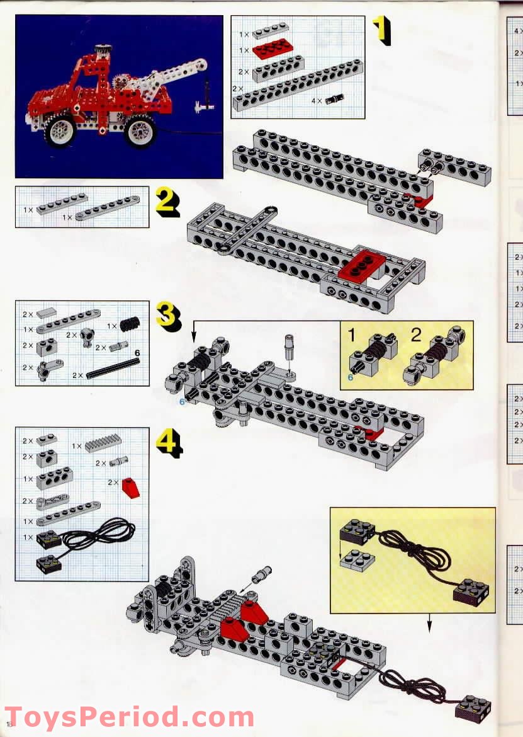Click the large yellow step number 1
click(381, 30)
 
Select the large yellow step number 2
click(167, 202)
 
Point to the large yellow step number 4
click(169, 442)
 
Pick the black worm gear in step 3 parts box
click(130, 325)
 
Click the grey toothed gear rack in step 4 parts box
click(103, 445)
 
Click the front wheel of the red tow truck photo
click(60, 130)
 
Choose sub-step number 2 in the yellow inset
click(415, 334)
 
